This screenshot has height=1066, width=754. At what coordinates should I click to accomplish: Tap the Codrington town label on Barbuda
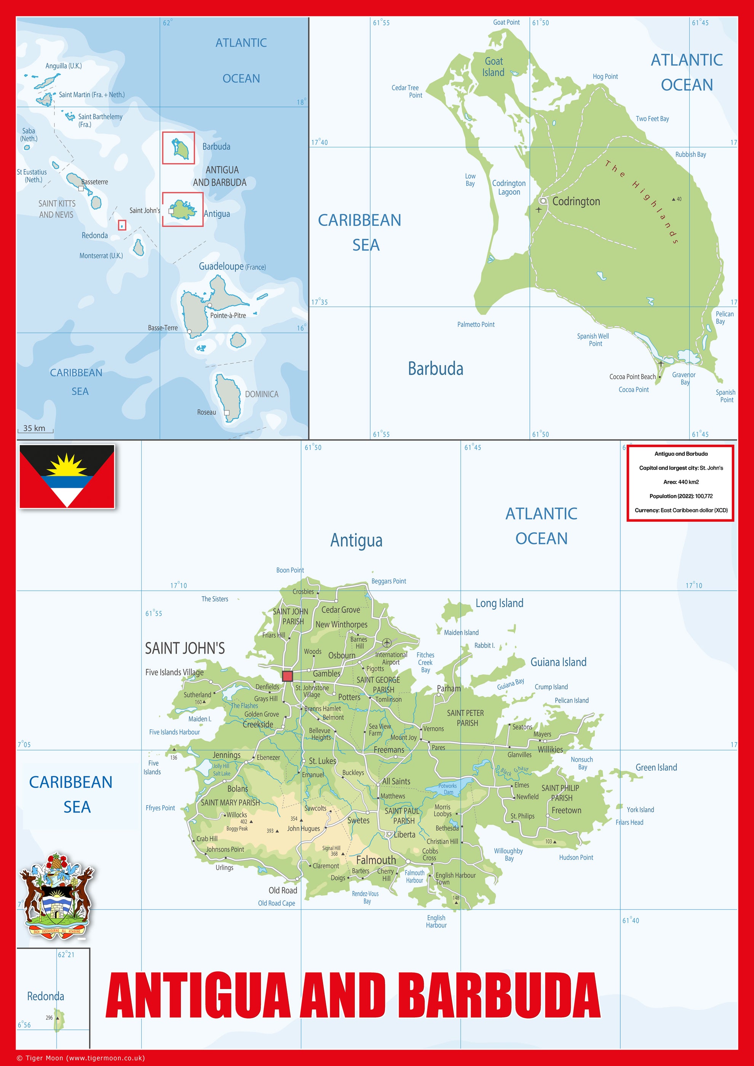pyautogui.click(x=576, y=201)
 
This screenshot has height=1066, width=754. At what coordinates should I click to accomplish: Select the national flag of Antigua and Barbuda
pyautogui.click(x=67, y=476)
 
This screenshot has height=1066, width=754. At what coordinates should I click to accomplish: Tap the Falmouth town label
pyautogui.click(x=376, y=860)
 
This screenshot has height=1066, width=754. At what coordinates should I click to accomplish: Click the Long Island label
pyautogui.click(x=499, y=603)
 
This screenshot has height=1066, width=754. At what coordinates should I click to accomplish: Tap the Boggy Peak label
pyautogui.click(x=237, y=829)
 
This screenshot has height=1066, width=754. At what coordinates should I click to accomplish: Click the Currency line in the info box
pyautogui.click(x=681, y=510)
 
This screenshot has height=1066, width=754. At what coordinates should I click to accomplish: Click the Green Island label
pyautogui.click(x=656, y=768)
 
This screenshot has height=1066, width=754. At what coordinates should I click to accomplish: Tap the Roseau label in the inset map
pyautogui.click(x=207, y=412)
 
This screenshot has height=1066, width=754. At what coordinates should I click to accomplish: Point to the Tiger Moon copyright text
pyautogui.click(x=81, y=1058)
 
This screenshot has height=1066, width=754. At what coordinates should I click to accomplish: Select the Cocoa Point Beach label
pyautogui.click(x=633, y=377)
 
